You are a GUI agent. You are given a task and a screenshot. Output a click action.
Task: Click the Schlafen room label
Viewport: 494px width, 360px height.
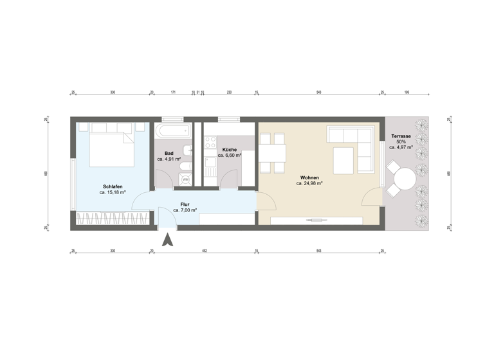tap(112, 186)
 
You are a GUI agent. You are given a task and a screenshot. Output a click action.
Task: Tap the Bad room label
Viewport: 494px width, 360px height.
tap(169, 153)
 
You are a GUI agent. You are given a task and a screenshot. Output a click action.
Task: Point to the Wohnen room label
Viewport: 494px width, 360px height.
tap(309, 177)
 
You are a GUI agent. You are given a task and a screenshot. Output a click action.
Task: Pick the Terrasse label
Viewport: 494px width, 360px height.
tap(402, 136)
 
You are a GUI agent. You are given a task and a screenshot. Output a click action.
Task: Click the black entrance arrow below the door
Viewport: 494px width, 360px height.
tap(168, 241)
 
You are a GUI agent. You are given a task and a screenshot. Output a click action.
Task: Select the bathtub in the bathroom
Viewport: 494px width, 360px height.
tap(172, 132)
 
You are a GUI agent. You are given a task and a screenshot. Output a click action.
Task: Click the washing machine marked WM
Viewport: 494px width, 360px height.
tap(185, 179)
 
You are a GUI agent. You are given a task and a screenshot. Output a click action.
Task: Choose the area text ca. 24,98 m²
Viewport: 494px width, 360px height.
tap(309, 183)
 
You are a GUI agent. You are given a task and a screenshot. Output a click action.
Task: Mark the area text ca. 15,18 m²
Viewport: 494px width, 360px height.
tap(112, 192)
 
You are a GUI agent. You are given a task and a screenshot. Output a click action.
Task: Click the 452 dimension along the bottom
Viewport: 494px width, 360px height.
tap(204, 251)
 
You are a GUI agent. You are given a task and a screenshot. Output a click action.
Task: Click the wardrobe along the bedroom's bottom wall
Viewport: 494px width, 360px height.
tap(113, 220)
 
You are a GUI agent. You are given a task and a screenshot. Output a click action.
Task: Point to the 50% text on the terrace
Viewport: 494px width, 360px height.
tap(402, 141)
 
